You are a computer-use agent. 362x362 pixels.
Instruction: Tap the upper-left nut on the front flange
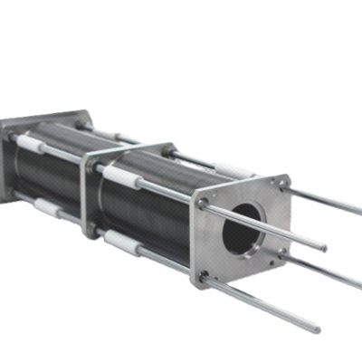click(x=204, y=203)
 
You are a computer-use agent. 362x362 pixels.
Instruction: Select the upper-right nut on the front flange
click(x=281, y=184)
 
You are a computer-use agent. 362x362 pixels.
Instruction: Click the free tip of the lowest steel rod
click(x=317, y=327)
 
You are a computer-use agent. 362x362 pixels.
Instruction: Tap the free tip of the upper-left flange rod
click(x=324, y=247)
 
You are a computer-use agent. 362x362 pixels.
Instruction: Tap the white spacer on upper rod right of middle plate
click(x=118, y=174)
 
